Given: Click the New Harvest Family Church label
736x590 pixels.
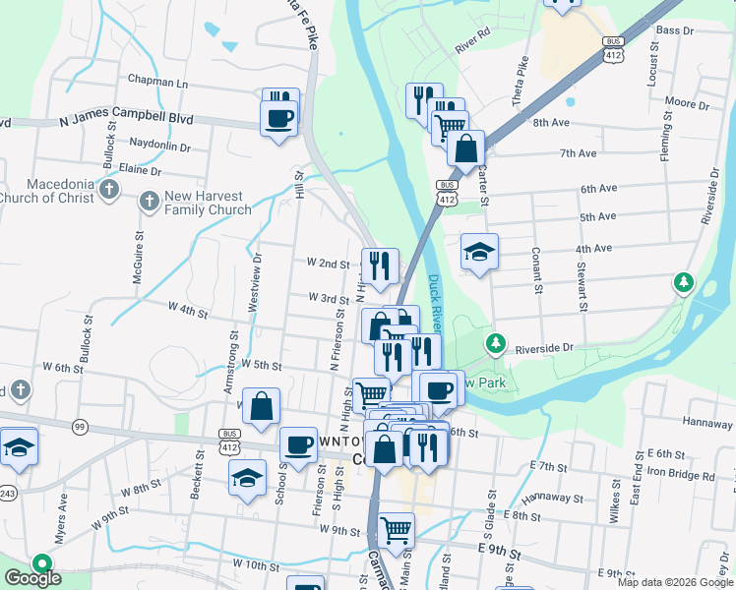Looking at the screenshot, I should pos(208,203).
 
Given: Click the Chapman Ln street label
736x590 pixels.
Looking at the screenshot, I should pos(156,83).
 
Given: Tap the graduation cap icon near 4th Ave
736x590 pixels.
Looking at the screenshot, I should pos(479,252).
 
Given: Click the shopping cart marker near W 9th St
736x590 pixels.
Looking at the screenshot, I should pos(396,530).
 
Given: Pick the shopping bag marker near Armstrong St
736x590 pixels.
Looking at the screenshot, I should pos(261,406).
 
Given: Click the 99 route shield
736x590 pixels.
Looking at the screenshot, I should pos(79,426).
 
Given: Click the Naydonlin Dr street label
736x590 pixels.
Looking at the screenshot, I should pos(158,146).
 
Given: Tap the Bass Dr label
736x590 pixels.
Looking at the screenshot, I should pos(674,31).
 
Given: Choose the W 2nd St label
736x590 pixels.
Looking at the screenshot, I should pos(328,264).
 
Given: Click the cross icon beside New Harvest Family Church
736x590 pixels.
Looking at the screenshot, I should pos(149,202).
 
